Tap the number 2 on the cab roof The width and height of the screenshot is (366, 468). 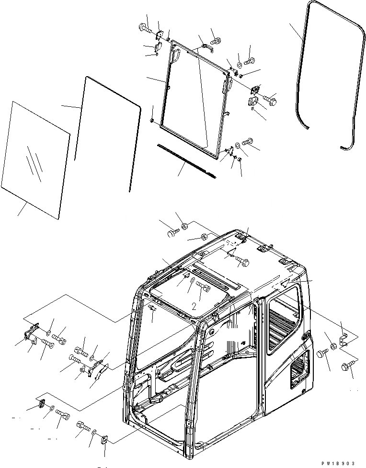[194, 305]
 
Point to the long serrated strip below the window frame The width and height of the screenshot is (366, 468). [184, 159]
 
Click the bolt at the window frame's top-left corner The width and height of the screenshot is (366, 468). [144, 28]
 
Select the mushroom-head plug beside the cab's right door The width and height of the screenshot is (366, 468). [322, 355]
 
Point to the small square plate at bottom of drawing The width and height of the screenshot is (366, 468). [105, 440]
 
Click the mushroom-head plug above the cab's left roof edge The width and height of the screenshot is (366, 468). [172, 233]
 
